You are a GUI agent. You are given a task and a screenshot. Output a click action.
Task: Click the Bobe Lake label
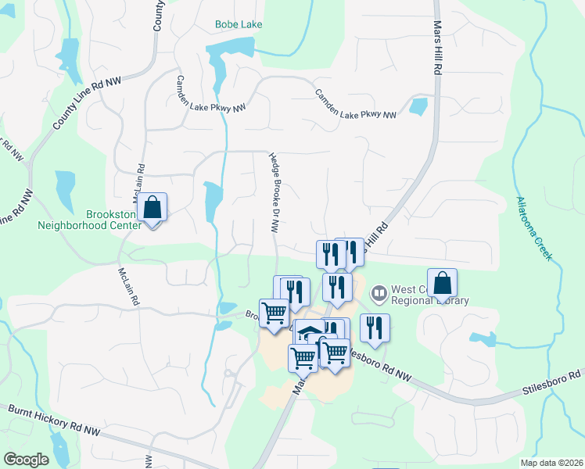(239, 24)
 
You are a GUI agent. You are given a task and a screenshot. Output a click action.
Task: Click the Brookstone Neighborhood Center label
(90, 220)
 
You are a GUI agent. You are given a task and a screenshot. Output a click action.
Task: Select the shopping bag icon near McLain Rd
(153, 208)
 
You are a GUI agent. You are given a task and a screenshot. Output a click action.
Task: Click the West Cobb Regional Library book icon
(379, 294)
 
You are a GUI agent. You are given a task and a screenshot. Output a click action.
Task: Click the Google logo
(26, 460)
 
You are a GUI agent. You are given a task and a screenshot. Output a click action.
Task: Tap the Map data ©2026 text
(551, 463)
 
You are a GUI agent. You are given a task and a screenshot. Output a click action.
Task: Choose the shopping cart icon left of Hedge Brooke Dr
(275, 313)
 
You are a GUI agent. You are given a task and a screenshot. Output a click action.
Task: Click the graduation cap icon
(310, 333)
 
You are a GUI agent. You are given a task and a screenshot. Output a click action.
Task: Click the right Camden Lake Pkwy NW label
(356, 104)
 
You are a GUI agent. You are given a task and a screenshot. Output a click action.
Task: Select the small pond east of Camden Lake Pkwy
(419, 106)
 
